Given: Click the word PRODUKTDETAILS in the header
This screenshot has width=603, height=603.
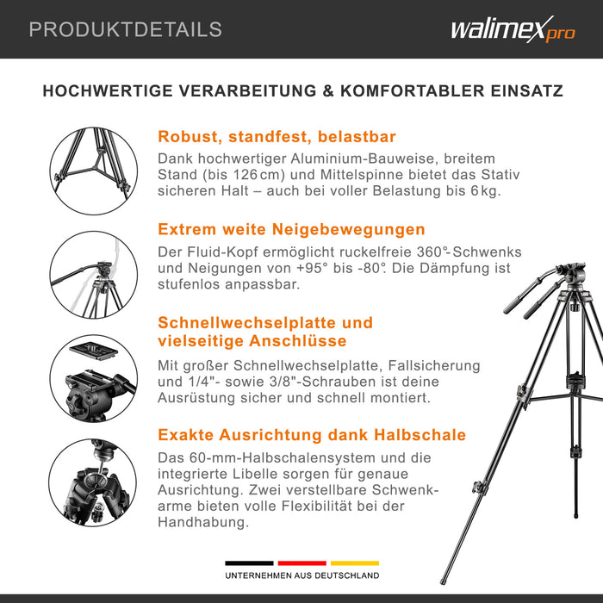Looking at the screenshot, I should tap(125, 29).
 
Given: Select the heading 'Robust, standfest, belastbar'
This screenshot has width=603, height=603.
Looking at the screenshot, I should tap(277, 137).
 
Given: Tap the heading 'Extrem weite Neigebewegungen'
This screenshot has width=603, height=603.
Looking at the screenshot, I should tap(291, 229).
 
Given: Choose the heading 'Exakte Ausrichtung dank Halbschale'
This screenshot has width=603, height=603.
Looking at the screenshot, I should tap(312, 435).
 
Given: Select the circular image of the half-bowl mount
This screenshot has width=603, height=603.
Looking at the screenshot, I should tap(90, 482).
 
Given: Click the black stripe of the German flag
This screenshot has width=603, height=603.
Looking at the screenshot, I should tap(249, 563).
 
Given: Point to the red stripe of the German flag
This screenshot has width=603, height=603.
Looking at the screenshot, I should tap(301, 563).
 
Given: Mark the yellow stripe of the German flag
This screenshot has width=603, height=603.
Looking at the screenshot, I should tap(354, 563).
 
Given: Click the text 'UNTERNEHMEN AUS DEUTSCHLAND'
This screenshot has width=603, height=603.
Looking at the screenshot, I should tap(301, 575).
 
